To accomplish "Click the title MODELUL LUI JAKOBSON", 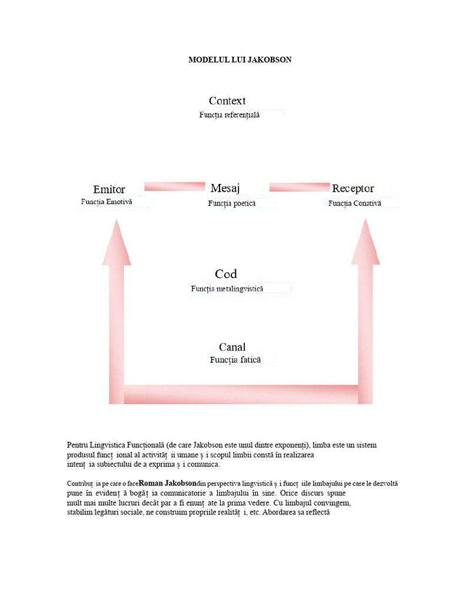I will point(240,60).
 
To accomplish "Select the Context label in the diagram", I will point(227,101).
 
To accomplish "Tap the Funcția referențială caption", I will point(229,115).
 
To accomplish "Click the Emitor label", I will point(109,189).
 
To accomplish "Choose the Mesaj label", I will point(225,188).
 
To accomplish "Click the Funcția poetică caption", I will point(231,203).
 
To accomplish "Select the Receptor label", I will point(353,189).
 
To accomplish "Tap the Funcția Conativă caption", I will point(355,203).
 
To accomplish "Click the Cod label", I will point(226,274).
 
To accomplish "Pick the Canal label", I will point(232,347).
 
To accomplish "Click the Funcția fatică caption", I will point(235,360).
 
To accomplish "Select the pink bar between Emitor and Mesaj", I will point(174,187).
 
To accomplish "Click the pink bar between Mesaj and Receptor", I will point(299,187).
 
